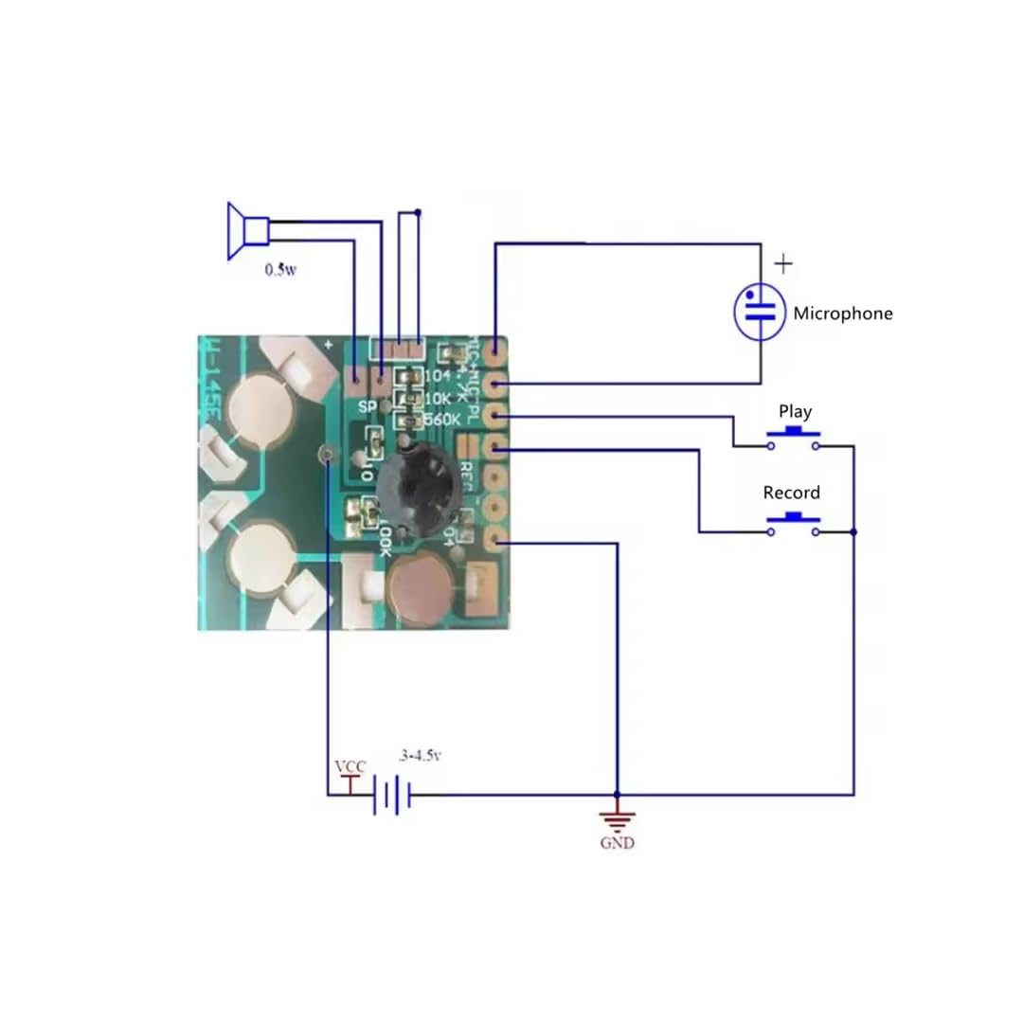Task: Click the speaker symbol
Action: [247, 230]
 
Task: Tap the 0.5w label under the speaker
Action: [280, 270]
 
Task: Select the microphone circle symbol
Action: [760, 312]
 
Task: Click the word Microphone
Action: [842, 314]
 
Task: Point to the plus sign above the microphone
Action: [782, 263]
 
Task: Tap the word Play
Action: [795, 412]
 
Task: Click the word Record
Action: [791, 493]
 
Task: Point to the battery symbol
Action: [392, 795]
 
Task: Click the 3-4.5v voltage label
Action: [420, 756]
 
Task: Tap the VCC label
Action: [350, 766]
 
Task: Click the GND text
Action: [617, 843]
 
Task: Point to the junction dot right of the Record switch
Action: [853, 532]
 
